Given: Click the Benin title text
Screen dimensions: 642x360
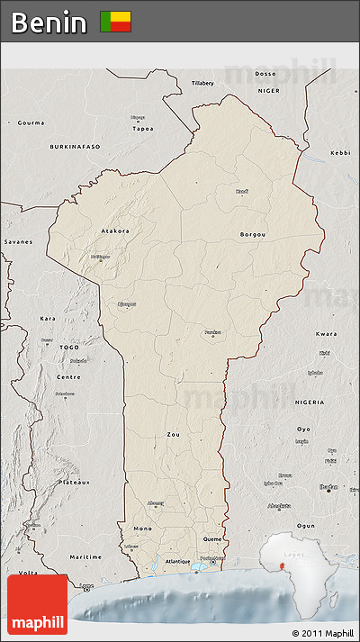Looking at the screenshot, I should point(49,23).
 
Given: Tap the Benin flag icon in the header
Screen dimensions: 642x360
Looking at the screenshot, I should point(115,22).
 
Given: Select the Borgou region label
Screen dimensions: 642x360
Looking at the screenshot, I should point(253,234).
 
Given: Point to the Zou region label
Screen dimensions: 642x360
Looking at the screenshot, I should point(173,434).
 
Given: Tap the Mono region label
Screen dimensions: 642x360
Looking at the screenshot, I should point(142,528).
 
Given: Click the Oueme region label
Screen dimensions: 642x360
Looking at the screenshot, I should point(212,538).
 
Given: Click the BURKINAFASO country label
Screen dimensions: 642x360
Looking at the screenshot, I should point(76,145).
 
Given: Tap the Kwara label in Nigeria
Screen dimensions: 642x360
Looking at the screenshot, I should point(327,334).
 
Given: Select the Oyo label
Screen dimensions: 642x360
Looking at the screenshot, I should point(304,429).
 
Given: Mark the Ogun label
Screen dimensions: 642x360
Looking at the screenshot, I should point(305,525).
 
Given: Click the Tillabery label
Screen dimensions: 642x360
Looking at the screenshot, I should point(202,83).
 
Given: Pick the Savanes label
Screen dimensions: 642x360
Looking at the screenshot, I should point(18,241).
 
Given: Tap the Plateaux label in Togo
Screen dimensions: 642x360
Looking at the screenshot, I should point(75,482).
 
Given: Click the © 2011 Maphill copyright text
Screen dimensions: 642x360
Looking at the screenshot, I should point(322,633).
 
